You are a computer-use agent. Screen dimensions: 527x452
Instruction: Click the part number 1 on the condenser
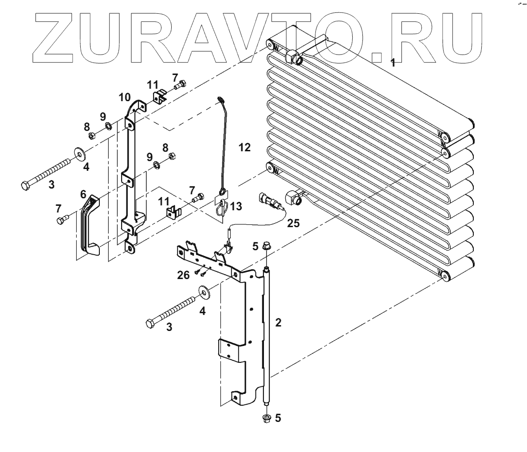coord(393,63)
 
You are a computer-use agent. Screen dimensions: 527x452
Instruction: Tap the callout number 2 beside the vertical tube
coord(278,322)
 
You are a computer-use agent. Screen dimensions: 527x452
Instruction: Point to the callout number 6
coord(83,194)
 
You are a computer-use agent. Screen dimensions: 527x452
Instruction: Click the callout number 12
coord(244,147)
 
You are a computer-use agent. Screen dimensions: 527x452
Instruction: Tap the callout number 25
coord(292,223)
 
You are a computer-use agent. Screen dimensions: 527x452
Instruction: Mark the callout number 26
coord(183,275)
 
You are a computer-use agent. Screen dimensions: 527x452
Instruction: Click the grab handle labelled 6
coord(89,226)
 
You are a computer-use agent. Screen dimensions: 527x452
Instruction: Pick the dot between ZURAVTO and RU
coord(377,57)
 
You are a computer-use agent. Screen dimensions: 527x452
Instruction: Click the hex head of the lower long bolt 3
coord(150,323)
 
